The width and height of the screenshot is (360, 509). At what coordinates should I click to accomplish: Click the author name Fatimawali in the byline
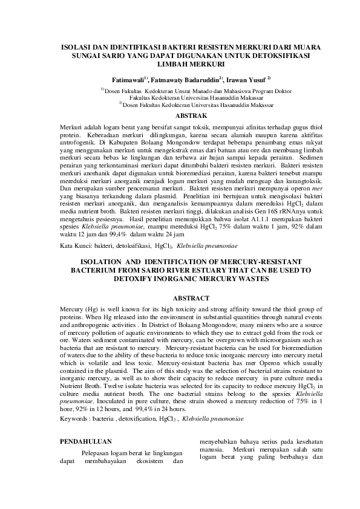tap(128, 79)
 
